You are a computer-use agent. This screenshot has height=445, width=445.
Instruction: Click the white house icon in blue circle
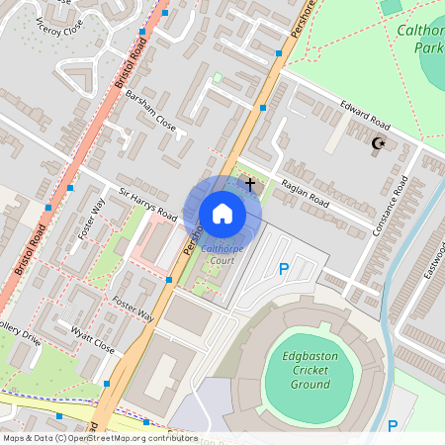(x=222, y=213)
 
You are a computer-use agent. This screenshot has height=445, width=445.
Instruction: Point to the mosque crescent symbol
(x=377, y=143)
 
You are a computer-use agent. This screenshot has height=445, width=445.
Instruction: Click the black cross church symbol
(x=250, y=183)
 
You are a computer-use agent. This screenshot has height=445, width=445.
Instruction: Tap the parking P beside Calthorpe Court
(x=284, y=268)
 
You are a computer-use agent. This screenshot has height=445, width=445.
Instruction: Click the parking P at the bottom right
(x=393, y=426)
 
